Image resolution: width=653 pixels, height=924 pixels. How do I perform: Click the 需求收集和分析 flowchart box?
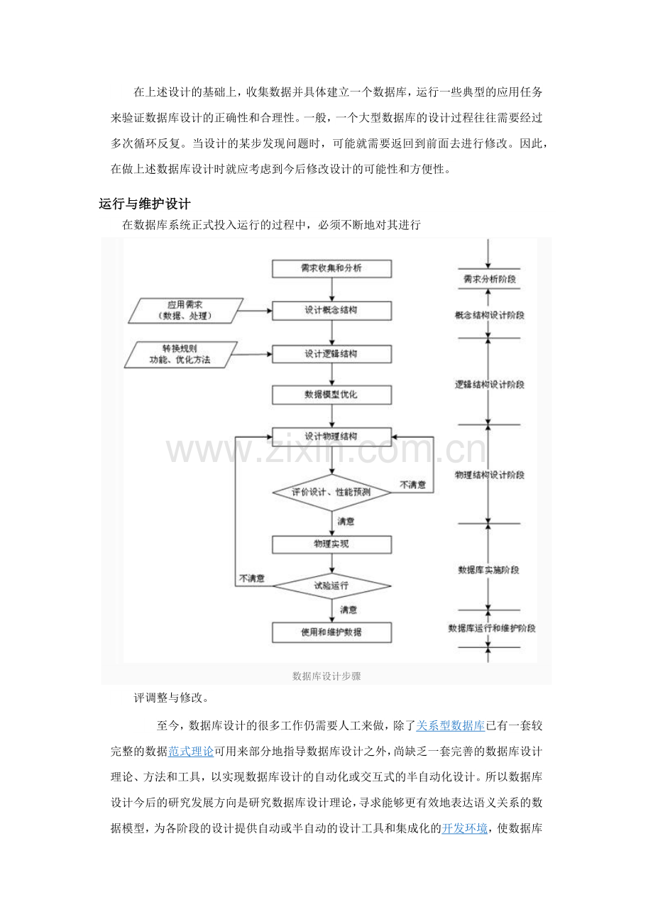click(x=331, y=269)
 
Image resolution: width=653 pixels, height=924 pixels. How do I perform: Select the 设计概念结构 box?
click(x=331, y=311)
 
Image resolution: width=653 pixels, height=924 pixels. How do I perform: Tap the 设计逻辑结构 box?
click(x=331, y=353)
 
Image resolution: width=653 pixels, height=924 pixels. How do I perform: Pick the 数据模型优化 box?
click(x=331, y=395)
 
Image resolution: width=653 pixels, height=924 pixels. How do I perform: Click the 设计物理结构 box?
click(x=331, y=436)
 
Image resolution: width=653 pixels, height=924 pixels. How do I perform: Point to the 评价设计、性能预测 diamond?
click(x=331, y=492)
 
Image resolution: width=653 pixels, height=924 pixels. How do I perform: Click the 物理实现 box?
click(x=331, y=544)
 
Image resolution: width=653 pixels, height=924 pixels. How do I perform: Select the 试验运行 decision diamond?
click(x=331, y=586)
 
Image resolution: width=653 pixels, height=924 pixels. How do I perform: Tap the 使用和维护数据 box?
click(x=331, y=632)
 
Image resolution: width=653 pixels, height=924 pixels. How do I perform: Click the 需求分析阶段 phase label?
click(x=489, y=280)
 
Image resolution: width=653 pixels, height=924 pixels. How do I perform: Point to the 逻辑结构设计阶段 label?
click(x=489, y=385)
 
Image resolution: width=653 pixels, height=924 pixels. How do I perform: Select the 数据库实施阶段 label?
click(x=489, y=570)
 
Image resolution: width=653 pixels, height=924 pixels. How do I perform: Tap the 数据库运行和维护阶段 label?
click(x=491, y=628)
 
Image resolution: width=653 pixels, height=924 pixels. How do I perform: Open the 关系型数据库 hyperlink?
click(x=450, y=726)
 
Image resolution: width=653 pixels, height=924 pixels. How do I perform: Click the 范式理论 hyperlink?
click(x=191, y=751)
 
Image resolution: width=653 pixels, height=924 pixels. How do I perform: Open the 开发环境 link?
click(x=465, y=828)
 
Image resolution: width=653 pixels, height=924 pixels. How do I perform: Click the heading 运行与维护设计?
click(x=144, y=204)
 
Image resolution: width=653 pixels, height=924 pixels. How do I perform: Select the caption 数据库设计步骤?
click(x=326, y=676)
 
